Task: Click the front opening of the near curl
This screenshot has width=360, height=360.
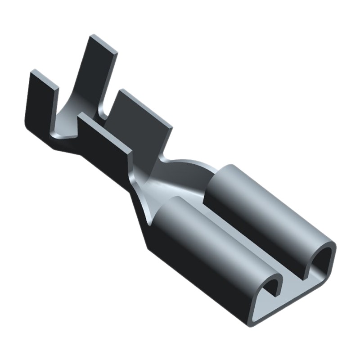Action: click(x=272, y=288)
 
